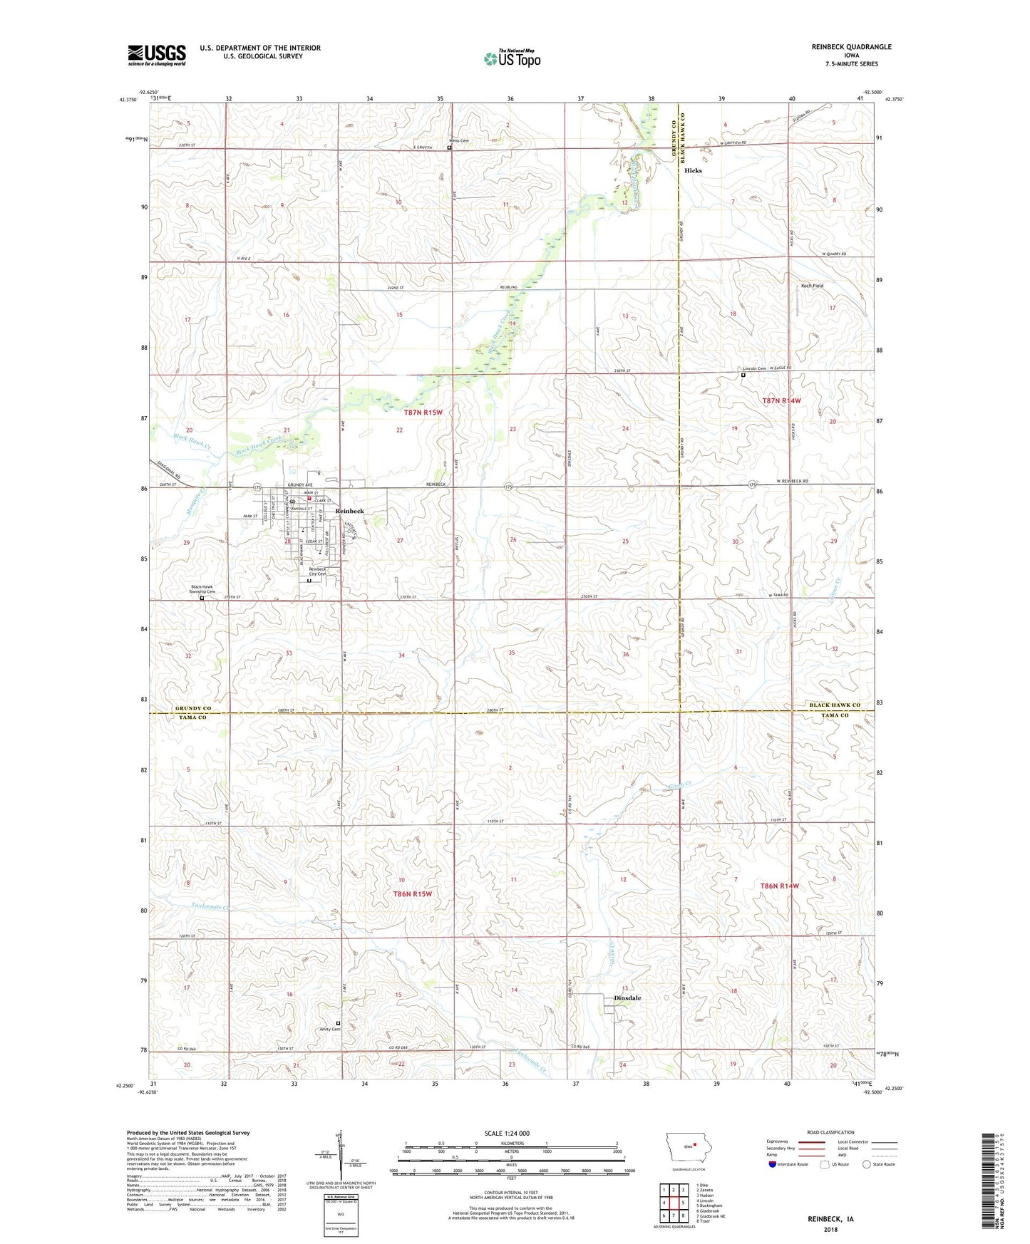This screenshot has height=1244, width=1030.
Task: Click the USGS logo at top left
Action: click(x=156, y=55)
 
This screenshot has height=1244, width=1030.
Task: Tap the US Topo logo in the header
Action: click(x=511, y=58)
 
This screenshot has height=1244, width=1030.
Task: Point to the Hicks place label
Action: click(x=693, y=170)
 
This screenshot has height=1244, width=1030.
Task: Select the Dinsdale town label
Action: click(x=627, y=998)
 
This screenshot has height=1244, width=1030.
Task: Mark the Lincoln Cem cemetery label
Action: click(x=754, y=368)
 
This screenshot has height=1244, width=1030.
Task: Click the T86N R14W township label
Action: click(x=780, y=886)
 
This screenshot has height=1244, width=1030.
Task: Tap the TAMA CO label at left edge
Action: click(x=192, y=717)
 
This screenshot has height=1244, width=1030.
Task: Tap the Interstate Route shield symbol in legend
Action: click(x=773, y=1164)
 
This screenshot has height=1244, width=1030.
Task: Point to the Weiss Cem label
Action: click(x=458, y=141)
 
